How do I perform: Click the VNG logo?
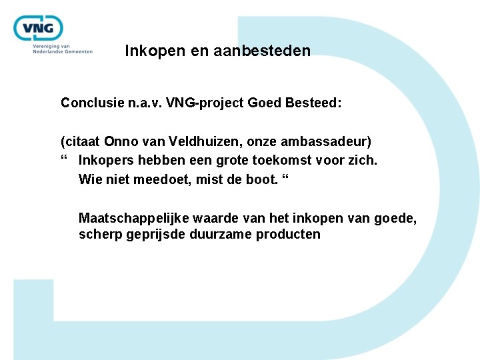point(39,29)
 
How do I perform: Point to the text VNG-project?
point(207,103)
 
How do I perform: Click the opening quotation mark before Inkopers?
point(64,160)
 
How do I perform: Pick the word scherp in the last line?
point(100,235)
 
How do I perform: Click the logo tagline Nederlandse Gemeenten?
point(63,51)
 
